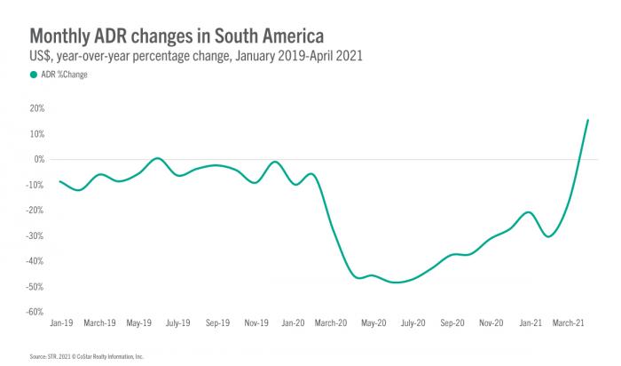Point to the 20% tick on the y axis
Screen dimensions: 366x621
(x=37, y=108)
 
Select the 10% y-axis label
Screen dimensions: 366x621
(x=37, y=134)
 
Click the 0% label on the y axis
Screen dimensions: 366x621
(x=39, y=160)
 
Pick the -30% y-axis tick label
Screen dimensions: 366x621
(x=35, y=236)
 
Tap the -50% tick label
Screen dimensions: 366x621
(x=35, y=287)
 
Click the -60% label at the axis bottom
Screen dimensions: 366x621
(x=35, y=313)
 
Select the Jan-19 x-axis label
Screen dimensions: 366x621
(x=60, y=324)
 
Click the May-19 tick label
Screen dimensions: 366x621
(x=140, y=324)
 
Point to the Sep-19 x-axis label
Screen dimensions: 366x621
(x=217, y=324)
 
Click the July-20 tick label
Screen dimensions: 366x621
(x=413, y=324)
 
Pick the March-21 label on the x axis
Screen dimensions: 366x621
(x=568, y=324)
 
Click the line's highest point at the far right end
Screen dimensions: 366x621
(x=587, y=120)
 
